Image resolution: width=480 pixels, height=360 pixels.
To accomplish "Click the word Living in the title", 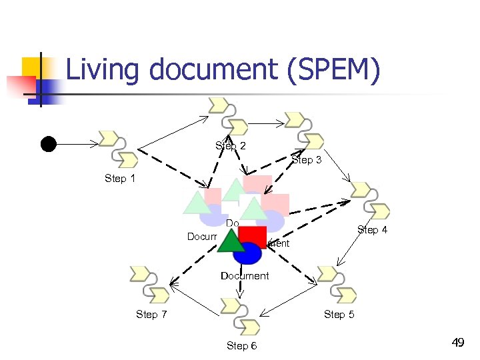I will [x=99, y=71].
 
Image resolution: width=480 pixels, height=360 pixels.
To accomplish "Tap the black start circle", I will [x=48, y=143].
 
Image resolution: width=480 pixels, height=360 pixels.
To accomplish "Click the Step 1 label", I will [x=120, y=178].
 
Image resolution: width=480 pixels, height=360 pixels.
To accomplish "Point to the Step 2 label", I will [x=231, y=146].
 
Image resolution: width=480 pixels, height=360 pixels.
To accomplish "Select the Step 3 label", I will [x=307, y=160].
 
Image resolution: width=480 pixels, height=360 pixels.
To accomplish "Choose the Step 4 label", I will [x=372, y=230].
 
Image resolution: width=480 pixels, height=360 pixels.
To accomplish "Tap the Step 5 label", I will [x=339, y=314].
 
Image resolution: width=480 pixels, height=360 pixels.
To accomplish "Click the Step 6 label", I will [x=241, y=345].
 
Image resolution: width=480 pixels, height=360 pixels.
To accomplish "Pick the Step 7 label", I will [x=151, y=314].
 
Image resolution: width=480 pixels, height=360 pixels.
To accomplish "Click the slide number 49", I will [x=457, y=343].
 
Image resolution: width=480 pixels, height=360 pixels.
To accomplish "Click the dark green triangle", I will [x=231, y=241].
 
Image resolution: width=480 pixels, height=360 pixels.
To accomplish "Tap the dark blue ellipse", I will [x=247, y=253].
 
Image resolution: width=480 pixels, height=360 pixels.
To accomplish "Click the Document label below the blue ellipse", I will [x=245, y=276].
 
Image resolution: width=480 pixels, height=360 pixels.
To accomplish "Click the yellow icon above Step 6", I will [x=240, y=315].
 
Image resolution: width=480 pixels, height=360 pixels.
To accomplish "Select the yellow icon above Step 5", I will [x=337, y=284].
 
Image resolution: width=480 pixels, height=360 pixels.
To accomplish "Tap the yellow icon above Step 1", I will [x=119, y=148].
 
